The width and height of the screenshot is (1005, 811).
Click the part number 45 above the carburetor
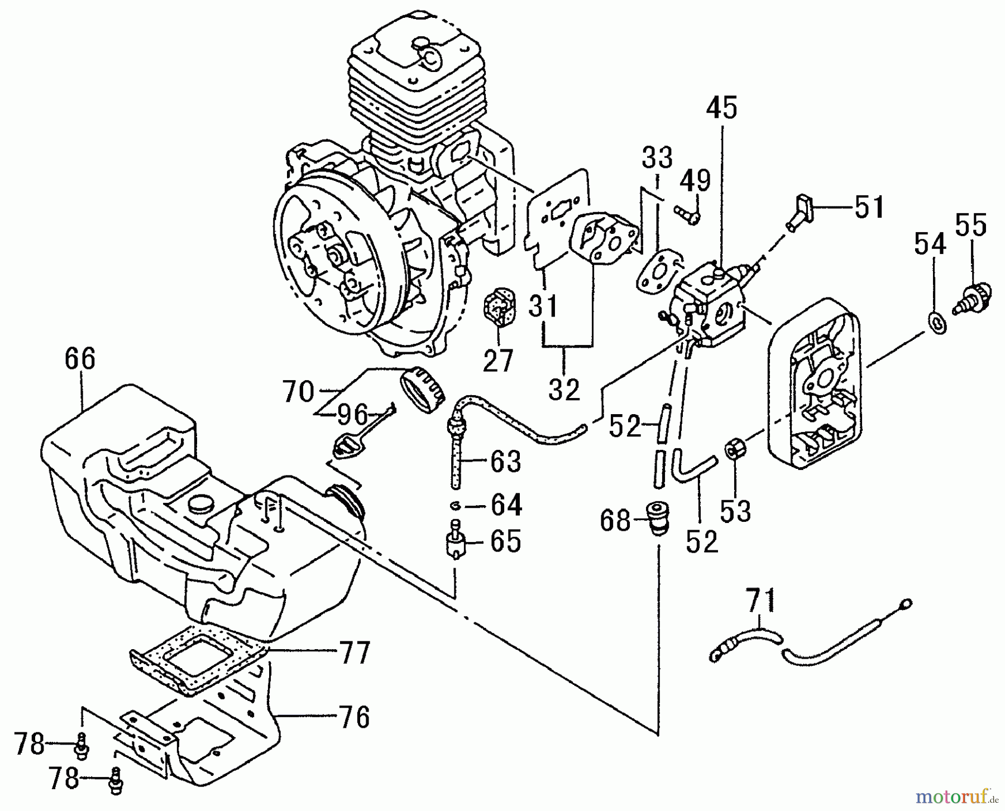tap(721, 108)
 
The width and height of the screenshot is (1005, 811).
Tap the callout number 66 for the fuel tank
tap(80, 359)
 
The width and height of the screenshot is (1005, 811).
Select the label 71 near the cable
tap(760, 601)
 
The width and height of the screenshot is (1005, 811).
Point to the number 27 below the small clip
tap(497, 362)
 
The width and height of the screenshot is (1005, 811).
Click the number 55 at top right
tap(971, 225)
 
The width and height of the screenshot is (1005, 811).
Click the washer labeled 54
tap(938, 323)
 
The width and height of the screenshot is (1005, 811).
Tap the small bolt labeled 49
tap(686, 214)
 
